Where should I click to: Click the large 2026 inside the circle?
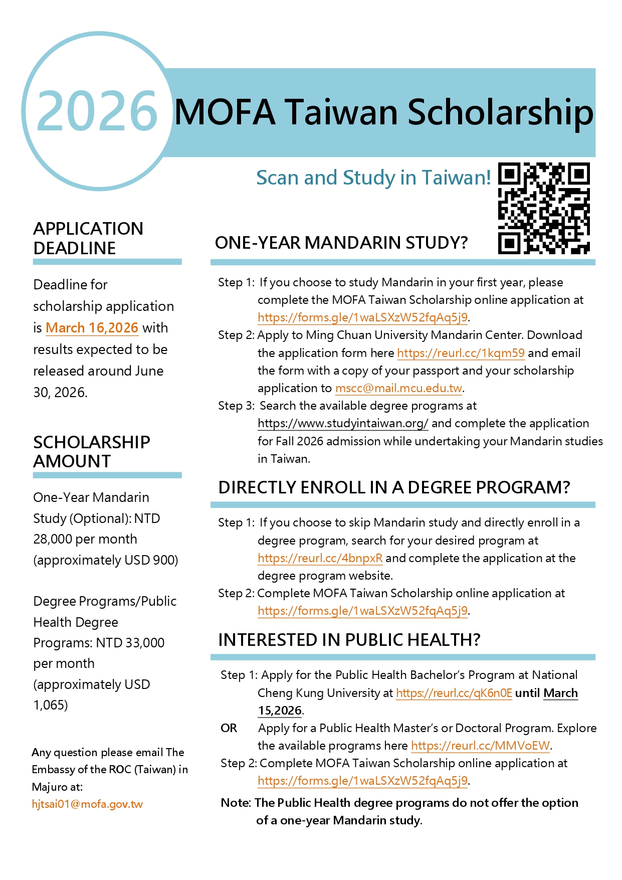(97, 111)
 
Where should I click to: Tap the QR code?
(543, 208)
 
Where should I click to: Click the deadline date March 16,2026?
(92, 328)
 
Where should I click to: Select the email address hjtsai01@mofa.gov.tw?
(87, 804)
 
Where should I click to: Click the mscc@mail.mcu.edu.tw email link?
(398, 388)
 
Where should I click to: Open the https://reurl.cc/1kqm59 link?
(461, 353)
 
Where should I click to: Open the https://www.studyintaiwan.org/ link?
(343, 423)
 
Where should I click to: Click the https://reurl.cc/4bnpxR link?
(320, 558)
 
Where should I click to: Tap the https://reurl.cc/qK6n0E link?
(454, 693)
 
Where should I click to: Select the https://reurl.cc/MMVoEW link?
(480, 746)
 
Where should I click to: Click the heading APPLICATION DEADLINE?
(88, 238)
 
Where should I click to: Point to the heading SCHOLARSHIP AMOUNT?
(92, 451)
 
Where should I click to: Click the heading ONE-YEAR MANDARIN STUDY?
(341, 243)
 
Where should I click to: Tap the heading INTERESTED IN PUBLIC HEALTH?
(349, 640)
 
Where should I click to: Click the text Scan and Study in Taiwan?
(373, 178)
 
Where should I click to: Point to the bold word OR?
(229, 728)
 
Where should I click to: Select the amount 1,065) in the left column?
(51, 705)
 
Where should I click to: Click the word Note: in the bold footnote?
(236, 803)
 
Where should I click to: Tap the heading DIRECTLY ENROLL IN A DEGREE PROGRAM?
(394, 487)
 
